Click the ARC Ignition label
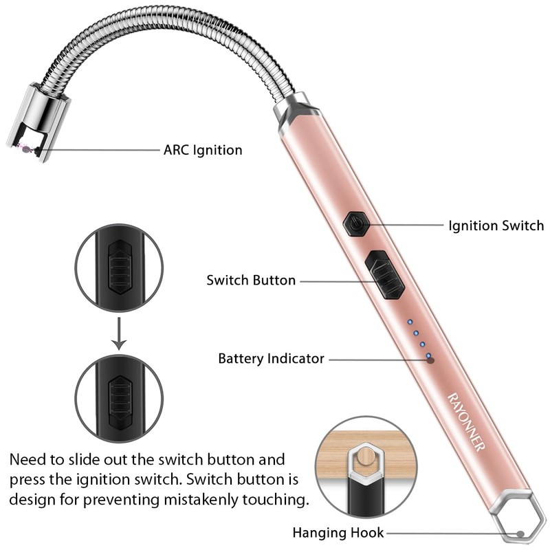click(x=202, y=149)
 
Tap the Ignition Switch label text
click(x=496, y=225)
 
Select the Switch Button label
click(x=251, y=280)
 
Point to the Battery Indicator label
click(x=271, y=358)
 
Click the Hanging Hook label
click(x=338, y=532)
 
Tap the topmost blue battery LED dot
click(x=410, y=322)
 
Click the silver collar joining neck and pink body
click(x=294, y=110)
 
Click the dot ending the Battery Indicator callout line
click(x=430, y=359)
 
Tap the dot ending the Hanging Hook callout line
click(x=521, y=533)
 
